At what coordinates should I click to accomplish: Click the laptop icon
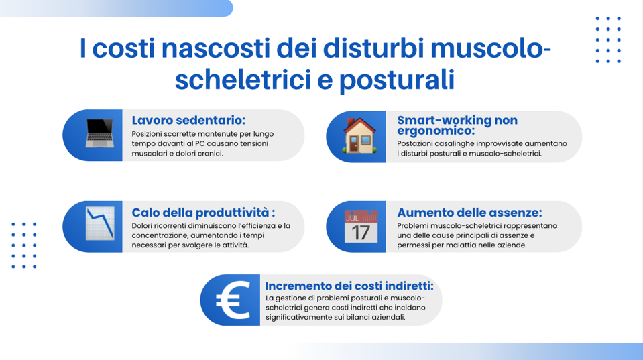coord(100,135)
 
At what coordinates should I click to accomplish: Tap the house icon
coord(359,135)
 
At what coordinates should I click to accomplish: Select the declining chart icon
coord(100,224)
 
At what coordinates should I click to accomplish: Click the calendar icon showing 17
coord(361,227)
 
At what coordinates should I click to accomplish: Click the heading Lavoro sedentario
coord(188,120)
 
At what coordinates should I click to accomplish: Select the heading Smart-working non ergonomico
coord(457,125)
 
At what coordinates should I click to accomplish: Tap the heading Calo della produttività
coord(203,212)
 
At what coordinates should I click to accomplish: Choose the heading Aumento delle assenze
coord(469,212)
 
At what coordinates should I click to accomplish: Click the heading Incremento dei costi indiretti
coord(349,286)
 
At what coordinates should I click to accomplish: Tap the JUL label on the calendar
coord(353,217)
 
